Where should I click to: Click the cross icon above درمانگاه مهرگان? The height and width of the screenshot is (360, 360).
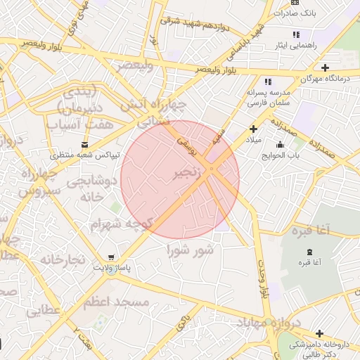[x=325, y=67]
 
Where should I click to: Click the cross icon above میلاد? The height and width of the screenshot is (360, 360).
[x=253, y=129]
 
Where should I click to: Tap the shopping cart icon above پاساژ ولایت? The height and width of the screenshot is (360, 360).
[x=112, y=257]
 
